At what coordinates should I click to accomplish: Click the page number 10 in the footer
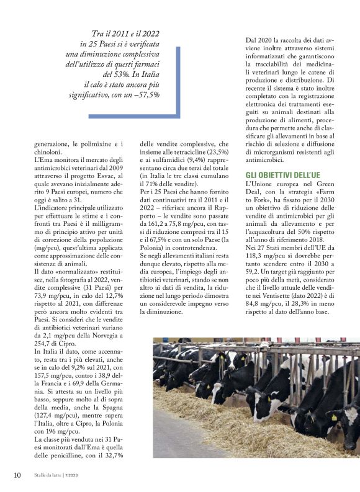coord(17,475)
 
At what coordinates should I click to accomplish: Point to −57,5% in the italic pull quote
coord(145,95)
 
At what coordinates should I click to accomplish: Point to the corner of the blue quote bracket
coord(179,116)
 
